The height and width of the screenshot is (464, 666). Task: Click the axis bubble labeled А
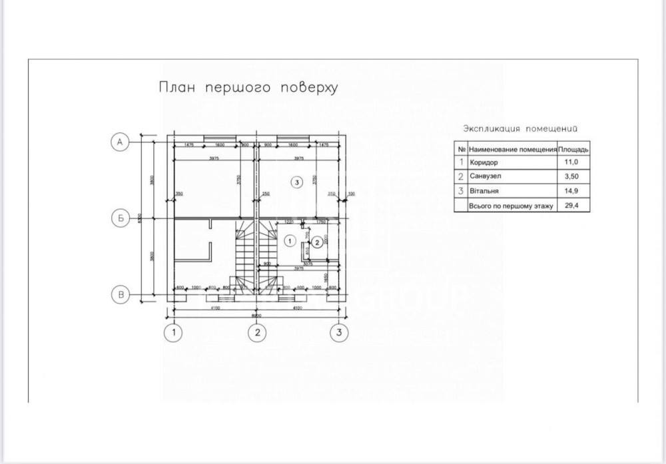119,142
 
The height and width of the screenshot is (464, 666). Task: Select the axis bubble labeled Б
119,218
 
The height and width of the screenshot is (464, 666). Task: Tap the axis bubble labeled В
119,294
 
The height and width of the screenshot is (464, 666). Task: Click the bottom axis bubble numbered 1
174,331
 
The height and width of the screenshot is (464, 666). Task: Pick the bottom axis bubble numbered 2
257,331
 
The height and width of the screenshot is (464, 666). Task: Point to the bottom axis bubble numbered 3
339,331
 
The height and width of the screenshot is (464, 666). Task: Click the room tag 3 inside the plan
297,181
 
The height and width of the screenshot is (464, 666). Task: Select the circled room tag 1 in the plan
289,239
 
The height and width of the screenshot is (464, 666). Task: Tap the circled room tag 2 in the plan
318,242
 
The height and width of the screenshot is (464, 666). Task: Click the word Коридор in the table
484,162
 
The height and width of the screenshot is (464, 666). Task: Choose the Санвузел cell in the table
487,176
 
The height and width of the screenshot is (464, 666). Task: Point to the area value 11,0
571,162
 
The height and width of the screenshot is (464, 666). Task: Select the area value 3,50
571,176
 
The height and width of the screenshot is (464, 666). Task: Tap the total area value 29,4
571,206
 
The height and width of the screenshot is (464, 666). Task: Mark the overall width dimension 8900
256,314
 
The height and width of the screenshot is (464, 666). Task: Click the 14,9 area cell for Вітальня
571,191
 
